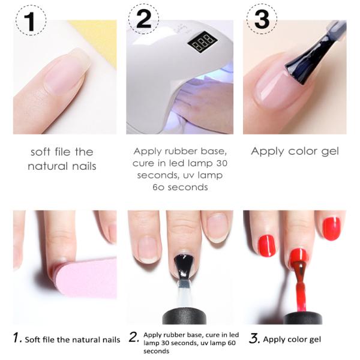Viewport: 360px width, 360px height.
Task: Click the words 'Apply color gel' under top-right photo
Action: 295,151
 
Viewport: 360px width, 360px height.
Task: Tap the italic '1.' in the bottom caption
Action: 19,339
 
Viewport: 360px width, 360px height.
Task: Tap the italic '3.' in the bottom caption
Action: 254,339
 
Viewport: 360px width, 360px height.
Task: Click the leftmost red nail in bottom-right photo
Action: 266,244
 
